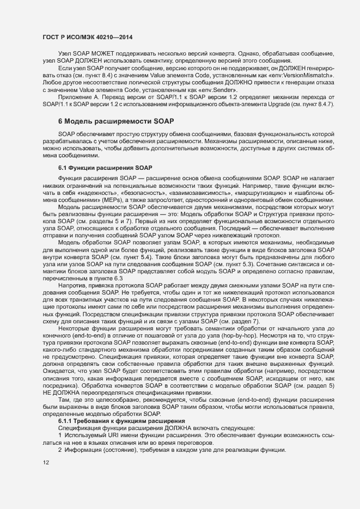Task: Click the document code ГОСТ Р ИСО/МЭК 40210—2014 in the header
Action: pyautogui.click(x=88, y=37)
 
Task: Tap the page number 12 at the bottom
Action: pyautogui.click(x=46, y=463)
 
